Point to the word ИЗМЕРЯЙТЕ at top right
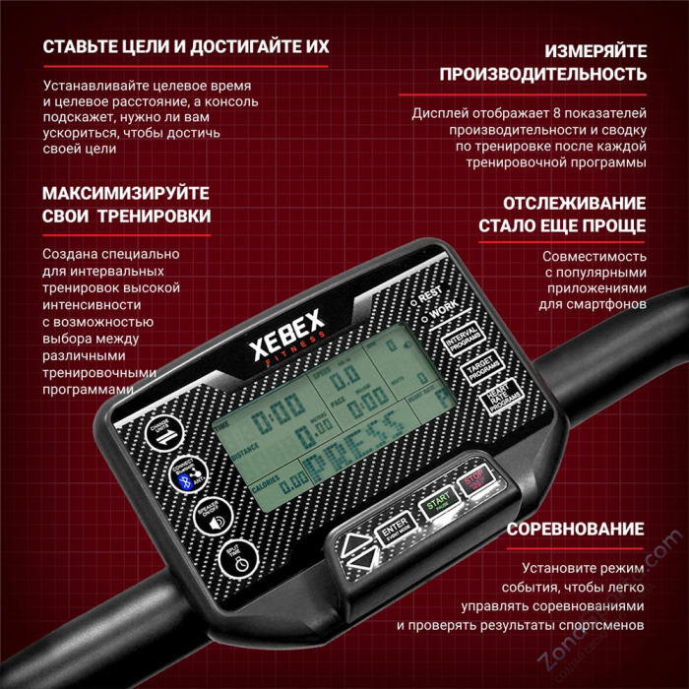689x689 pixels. pos(595,50)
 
